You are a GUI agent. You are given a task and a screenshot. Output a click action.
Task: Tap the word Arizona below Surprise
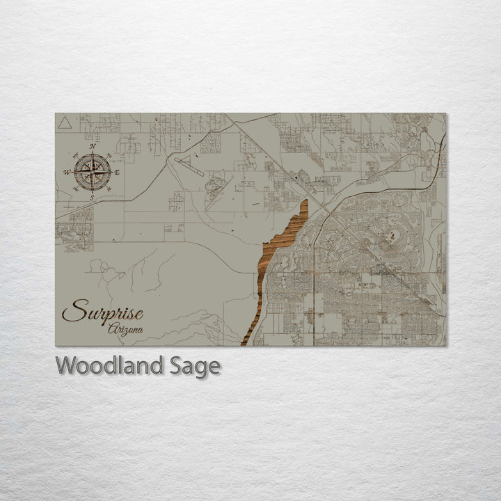[126, 328]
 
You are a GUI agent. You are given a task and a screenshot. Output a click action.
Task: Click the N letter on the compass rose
[93, 147]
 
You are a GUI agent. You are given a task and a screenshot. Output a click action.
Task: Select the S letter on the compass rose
[92, 197]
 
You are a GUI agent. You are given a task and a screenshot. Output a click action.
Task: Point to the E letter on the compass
[117, 172]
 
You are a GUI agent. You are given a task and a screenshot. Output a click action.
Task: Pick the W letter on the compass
[67, 172]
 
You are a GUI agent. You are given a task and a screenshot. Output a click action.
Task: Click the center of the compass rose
[93, 172]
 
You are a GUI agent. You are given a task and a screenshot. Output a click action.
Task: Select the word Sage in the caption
[194, 365]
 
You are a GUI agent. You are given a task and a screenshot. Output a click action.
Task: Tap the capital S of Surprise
[72, 311]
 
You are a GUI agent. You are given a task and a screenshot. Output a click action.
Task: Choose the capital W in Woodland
[67, 365]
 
